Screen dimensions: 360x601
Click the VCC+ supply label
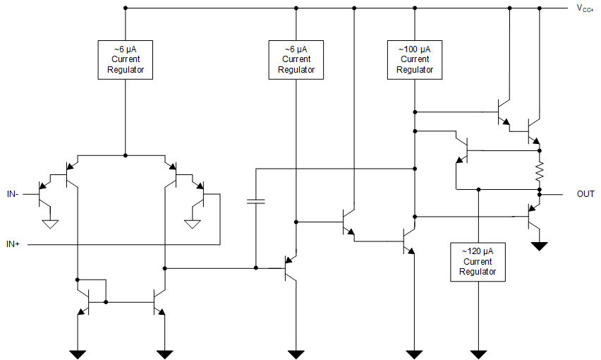(x=585, y=8)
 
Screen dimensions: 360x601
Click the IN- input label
(x=13, y=193)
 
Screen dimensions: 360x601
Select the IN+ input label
(x=13, y=244)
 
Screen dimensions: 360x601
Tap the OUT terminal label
(x=585, y=193)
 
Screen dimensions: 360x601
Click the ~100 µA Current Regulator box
(x=415, y=59)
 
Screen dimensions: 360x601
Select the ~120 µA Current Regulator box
(x=478, y=262)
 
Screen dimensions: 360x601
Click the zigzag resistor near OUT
(x=540, y=170)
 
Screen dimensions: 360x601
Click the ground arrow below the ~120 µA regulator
(x=478, y=352)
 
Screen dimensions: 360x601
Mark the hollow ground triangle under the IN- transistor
(x=50, y=224)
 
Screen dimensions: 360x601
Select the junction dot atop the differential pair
(x=125, y=155)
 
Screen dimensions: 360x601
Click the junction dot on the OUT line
(x=540, y=193)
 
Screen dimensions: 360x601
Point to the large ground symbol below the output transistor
(x=540, y=246)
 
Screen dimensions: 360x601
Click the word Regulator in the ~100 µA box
(x=415, y=69)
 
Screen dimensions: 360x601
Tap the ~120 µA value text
(x=478, y=252)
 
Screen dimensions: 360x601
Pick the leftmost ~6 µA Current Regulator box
(x=125, y=59)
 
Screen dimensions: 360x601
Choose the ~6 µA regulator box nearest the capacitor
(x=296, y=59)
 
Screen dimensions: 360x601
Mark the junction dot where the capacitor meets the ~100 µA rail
(x=415, y=169)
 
